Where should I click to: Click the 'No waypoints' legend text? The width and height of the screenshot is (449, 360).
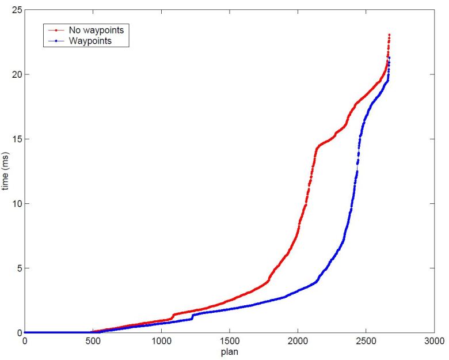tap(96, 29)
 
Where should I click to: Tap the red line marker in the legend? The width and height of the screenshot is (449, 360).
tap(58, 29)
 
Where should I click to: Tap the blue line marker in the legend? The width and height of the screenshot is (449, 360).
tap(58, 41)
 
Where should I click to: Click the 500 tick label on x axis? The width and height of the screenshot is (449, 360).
tap(93, 341)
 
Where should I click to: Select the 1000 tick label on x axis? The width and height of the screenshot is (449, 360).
tap(161, 341)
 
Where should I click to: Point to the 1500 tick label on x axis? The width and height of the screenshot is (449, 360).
tap(229, 341)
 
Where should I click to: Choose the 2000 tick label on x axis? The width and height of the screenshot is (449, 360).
tap(298, 341)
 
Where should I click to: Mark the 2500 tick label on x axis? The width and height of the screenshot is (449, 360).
tap(366, 341)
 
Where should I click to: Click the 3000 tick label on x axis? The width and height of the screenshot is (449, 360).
tap(435, 341)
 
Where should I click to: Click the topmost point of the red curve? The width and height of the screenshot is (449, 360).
tap(389, 35)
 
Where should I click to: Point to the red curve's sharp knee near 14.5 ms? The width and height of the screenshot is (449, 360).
tap(317, 148)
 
